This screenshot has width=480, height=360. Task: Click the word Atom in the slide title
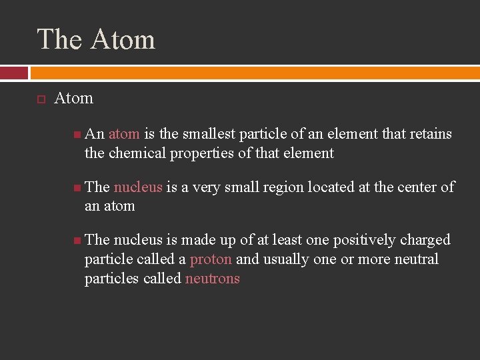coord(123,39)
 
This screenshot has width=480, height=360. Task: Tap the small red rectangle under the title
coord(14,73)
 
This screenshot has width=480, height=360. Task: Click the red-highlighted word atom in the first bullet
coord(124,134)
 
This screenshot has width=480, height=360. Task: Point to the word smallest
coord(206,134)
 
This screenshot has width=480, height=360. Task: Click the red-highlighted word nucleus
coord(138,187)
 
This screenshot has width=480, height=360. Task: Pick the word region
coord(283,187)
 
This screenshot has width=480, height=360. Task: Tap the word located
coord(332,187)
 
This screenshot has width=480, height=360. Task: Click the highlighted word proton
coord(211,259)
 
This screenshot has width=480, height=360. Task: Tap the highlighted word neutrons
coord(213,279)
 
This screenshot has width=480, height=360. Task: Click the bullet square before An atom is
coord(77,135)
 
